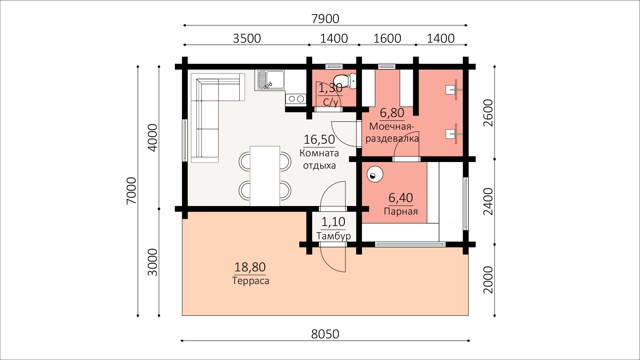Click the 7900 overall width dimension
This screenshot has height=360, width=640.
pos(325,19)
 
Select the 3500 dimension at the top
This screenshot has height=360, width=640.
pos(247,38)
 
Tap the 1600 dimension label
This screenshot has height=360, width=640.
pos(387,38)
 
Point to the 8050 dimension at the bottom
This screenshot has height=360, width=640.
pos(325,334)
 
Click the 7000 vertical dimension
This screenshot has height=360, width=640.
pos(131,191)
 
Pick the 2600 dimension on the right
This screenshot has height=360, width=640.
pos(488,113)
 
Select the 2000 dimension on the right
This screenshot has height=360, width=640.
pos(488,280)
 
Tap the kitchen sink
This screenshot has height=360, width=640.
pos(270,80)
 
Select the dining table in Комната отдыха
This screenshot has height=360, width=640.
pos(265,176)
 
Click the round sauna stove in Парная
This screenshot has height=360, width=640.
pos(375,174)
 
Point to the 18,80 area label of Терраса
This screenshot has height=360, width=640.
pos(250,267)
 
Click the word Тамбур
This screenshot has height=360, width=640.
pos(333,236)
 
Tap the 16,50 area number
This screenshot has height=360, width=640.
pos(319,140)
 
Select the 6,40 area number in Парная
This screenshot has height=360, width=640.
pos(401,198)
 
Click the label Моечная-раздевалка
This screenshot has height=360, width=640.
pos(392,132)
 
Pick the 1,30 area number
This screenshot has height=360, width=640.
pos(330,88)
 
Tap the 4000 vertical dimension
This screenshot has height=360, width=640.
pos(152,138)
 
